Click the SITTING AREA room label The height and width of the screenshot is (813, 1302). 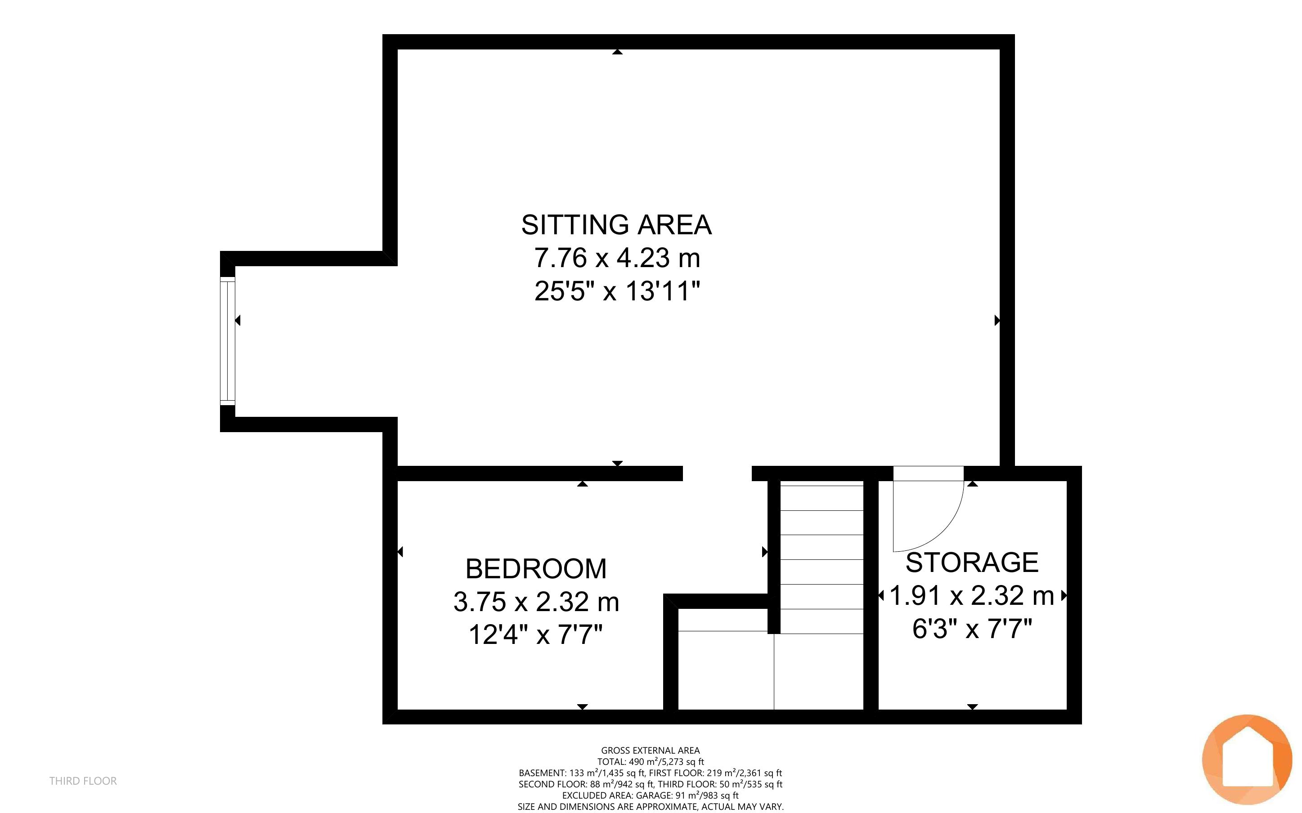pos(616,225)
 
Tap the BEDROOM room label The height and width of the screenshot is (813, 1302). pos(536,569)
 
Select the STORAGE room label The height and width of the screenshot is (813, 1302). pos(972,563)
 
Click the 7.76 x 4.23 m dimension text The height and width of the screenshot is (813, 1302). pos(617,258)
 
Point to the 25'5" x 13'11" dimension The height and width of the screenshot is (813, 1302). pos(617,291)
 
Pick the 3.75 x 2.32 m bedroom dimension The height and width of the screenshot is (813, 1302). pos(536,602)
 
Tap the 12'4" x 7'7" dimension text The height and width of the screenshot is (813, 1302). pos(536,634)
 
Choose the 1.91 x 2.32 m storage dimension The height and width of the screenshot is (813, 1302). pos(972,595)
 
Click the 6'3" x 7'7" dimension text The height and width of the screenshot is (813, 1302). pos(972,628)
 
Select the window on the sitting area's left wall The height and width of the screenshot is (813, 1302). pos(228,341)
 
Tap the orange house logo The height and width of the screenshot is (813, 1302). pos(1247,759)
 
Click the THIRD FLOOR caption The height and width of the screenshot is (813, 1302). pos(83,781)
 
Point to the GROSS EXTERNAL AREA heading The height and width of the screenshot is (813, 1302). pos(650,750)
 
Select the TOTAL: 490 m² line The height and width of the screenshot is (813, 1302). pos(650,761)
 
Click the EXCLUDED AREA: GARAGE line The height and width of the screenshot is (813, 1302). pos(650,795)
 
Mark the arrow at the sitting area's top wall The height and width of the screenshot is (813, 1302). pos(617,52)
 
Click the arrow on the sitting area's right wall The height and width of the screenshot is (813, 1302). pos(997,321)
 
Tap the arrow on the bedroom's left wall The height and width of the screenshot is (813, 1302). pos(400,552)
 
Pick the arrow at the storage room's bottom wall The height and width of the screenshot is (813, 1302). pos(972,706)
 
